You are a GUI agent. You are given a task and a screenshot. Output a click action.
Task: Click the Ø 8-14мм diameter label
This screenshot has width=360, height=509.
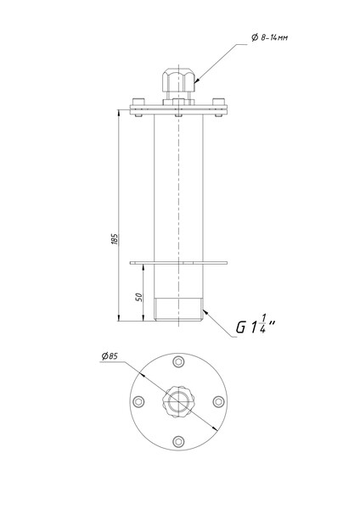pos(269,37)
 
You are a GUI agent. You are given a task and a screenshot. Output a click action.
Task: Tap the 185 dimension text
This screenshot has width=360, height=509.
pos(115,239)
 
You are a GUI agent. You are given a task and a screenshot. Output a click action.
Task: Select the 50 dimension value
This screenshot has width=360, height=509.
pos(139,297)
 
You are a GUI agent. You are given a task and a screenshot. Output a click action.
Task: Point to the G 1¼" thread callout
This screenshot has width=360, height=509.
pos(256,325)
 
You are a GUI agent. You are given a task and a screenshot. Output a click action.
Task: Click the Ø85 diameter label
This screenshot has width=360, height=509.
pos(110,356)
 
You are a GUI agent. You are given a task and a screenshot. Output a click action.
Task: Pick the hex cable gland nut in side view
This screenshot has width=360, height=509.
pos(178,80)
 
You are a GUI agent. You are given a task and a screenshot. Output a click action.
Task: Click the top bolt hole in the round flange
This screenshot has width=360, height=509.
pos(178,361)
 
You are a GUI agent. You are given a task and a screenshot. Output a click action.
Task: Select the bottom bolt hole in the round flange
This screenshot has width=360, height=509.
pos(178,441)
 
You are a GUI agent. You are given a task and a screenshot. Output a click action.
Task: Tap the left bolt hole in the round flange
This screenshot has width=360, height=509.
pos(138,401)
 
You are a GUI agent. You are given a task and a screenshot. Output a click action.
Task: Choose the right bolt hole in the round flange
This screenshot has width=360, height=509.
pos(218,401)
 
